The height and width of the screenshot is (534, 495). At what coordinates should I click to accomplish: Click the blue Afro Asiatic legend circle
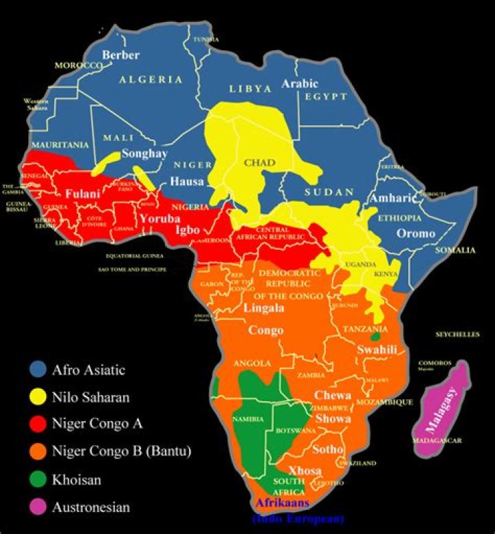tap(38, 370)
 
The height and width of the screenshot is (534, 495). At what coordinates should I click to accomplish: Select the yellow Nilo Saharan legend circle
tap(38, 397)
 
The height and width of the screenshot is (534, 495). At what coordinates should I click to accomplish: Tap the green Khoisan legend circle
tap(38, 480)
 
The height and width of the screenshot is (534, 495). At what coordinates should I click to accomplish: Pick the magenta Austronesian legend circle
tap(38, 507)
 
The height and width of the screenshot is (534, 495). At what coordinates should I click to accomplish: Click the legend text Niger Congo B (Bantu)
tap(122, 452)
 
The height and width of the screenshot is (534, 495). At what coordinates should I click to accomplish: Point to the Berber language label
tap(121, 54)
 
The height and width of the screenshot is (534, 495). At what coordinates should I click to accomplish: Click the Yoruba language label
tap(159, 220)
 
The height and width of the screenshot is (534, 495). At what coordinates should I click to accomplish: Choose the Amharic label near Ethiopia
tap(394, 198)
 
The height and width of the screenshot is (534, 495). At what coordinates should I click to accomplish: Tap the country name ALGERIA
tap(151, 79)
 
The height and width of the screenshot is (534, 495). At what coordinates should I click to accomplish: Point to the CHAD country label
tap(260, 163)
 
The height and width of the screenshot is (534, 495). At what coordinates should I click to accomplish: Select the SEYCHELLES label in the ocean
tap(458, 334)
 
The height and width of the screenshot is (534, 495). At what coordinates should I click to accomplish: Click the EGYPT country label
tap(326, 97)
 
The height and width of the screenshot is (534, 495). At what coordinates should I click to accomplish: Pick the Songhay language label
tap(144, 153)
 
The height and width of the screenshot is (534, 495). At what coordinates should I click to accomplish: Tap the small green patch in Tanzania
tap(375, 337)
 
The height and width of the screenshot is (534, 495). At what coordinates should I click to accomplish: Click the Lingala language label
tap(264, 308)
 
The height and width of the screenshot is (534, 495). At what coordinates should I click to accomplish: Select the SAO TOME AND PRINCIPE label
tap(137, 268)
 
